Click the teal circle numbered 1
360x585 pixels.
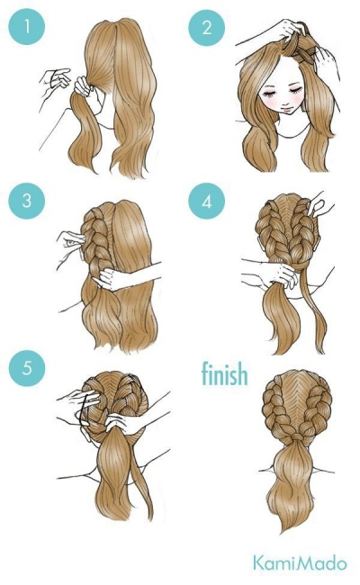pos(26,27)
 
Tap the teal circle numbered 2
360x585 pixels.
pos(207,28)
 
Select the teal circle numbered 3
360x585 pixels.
pos(26,201)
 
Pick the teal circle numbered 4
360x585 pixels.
pos(207,201)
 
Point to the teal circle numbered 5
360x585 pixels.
pos(26,368)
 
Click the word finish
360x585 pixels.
pos(225,373)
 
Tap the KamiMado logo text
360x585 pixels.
pos(300,563)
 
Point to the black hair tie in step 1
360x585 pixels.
pos(56,72)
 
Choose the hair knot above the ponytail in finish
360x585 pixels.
pos(297,436)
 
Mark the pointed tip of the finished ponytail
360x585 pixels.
pos(283,532)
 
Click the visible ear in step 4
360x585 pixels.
pos(318,244)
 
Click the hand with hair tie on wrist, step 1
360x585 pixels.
pos(55,80)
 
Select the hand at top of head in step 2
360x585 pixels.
pos(287,31)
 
